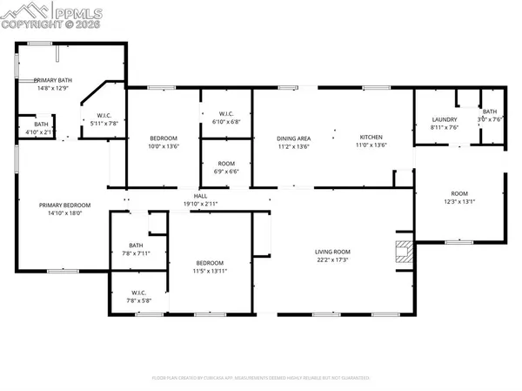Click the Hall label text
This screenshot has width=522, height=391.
click(200, 196)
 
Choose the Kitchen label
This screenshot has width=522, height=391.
click(371, 138)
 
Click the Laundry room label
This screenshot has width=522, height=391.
click(445, 119)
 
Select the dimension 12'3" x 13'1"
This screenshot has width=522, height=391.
click(458, 201)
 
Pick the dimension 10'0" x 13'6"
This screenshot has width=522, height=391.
click(164, 146)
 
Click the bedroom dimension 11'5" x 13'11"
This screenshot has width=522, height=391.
click(209, 271)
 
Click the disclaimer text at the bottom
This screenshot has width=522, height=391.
click(261, 378)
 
